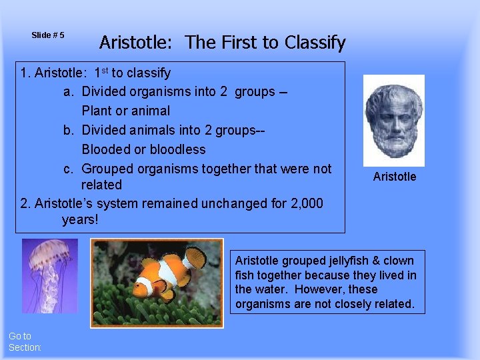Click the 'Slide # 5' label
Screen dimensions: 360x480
[x=47, y=35]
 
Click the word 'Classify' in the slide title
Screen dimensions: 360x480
[x=315, y=43]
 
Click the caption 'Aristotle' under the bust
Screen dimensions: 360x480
[x=394, y=177]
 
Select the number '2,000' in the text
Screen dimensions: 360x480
[x=303, y=203]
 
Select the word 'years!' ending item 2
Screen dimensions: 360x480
[x=80, y=219]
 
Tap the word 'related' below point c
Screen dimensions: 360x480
[x=101, y=185]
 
